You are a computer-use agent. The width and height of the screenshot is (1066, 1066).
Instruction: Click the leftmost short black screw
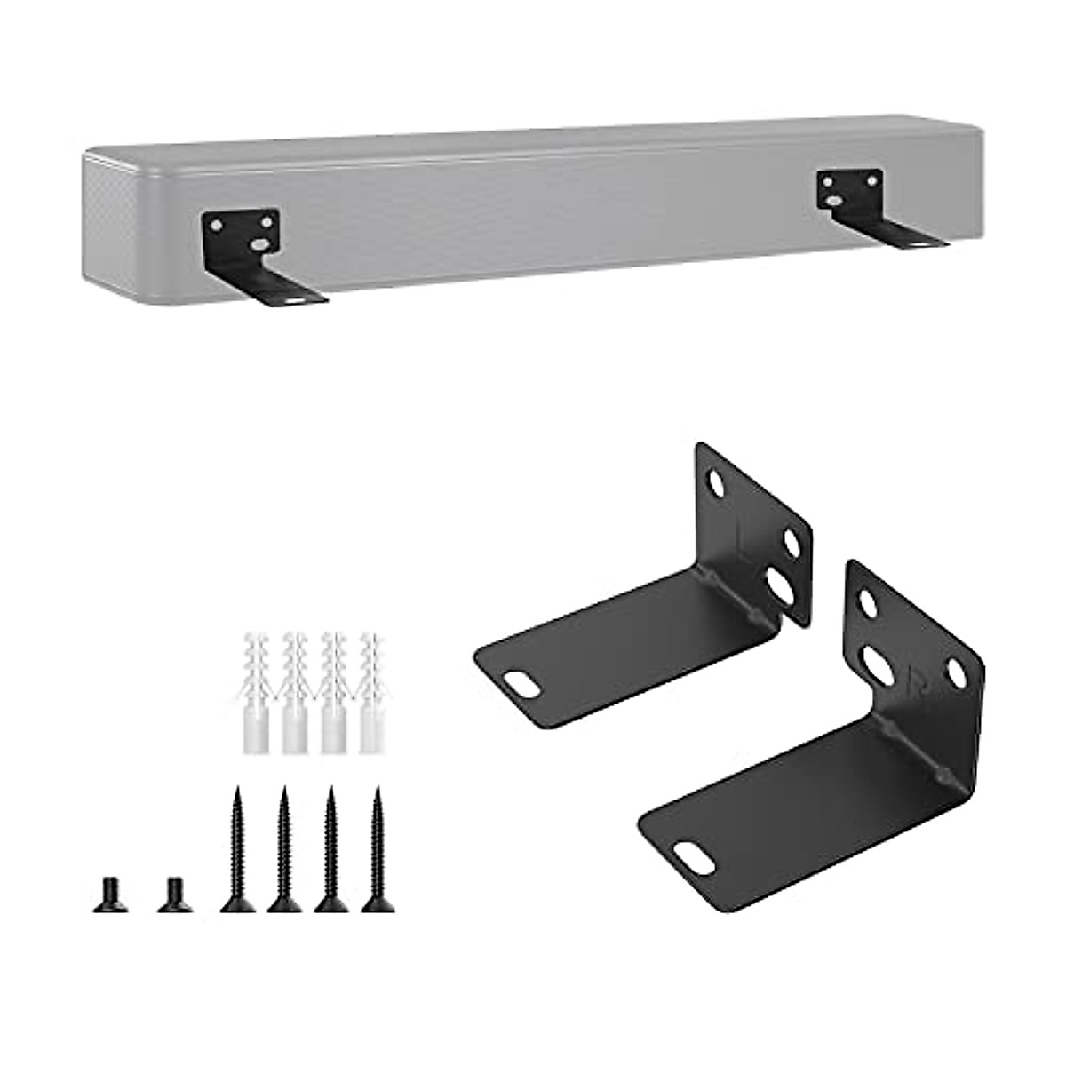tap(106, 892)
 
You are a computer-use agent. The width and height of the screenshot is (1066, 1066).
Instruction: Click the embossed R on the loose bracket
tap(914, 685)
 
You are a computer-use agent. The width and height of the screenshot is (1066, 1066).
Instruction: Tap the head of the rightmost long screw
tap(377, 904)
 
